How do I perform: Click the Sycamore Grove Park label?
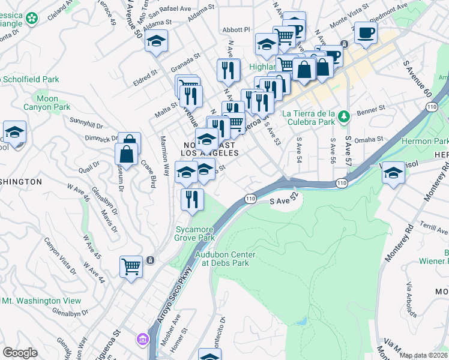click(x=194, y=233)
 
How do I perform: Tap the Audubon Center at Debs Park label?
click(x=225, y=259)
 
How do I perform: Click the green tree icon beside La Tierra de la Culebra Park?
click(x=344, y=116)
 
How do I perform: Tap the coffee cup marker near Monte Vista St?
click(x=365, y=32)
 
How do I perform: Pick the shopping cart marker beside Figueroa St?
click(x=130, y=265)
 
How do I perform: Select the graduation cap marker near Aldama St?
click(x=156, y=41)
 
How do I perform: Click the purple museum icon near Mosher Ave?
click(x=142, y=340)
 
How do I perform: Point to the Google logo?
click(x=20, y=353)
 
